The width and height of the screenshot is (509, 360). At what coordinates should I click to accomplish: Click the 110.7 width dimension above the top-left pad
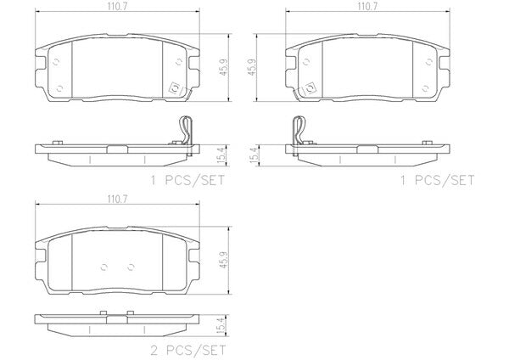tap(117, 6)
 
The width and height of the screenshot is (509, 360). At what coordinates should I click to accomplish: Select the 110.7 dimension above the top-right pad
tap(367, 6)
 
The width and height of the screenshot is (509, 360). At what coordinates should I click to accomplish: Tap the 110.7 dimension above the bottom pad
tap(117, 199)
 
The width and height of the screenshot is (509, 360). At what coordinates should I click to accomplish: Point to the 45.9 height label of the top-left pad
tap(224, 68)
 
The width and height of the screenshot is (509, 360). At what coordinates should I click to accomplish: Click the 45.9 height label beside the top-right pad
tap(252, 68)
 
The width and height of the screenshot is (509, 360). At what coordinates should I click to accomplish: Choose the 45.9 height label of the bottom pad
tap(224, 260)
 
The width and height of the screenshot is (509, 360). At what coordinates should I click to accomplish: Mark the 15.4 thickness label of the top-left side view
tap(221, 155)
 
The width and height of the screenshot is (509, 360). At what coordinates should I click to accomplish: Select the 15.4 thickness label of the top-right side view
tap(255, 155)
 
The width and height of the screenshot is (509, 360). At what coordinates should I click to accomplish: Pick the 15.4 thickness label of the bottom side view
tap(221, 326)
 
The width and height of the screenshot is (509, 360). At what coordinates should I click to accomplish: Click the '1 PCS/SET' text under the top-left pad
tap(187, 180)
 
